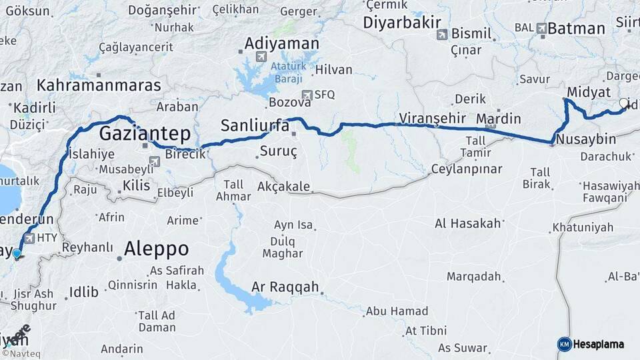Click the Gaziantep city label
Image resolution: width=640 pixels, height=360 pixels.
coord(145,133)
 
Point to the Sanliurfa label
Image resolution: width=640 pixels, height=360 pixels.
coord(255,125)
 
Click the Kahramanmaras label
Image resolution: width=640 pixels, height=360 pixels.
coord(99,85)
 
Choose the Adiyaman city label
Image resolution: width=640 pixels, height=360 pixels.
coord(282,43)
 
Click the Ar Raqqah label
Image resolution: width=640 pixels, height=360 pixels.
coord(286,287)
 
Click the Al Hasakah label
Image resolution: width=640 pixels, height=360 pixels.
coord(467,223)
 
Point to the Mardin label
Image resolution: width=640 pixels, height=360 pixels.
coord(498,119)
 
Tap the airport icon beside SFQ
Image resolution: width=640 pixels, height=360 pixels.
coord(307,95)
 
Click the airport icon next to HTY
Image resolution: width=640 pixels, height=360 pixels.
coord(29,237)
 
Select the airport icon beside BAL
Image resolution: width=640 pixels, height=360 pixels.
coord(541,28)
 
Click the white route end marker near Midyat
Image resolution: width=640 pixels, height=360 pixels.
coord(623,103)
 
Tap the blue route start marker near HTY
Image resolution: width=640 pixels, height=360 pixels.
coord(17,253)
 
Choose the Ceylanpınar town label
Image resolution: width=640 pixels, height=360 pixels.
coord(467,169)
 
